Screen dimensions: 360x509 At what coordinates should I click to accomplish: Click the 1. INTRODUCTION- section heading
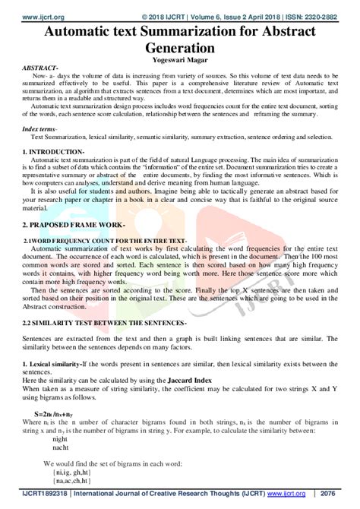point(52,153)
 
